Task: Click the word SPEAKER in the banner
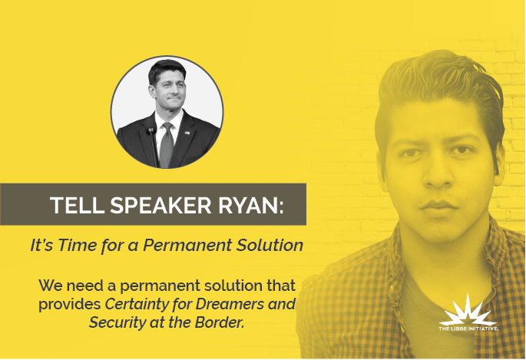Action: tap(160, 205)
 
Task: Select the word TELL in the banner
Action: tap(77, 205)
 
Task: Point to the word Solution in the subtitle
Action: tap(270, 245)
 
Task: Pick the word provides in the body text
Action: tap(70, 305)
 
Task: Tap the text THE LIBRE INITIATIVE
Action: tap(468, 329)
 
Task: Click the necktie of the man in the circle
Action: tap(167, 145)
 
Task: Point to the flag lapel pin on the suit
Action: tap(187, 133)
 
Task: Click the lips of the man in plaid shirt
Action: tap(438, 205)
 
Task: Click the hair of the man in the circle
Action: tap(167, 69)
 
